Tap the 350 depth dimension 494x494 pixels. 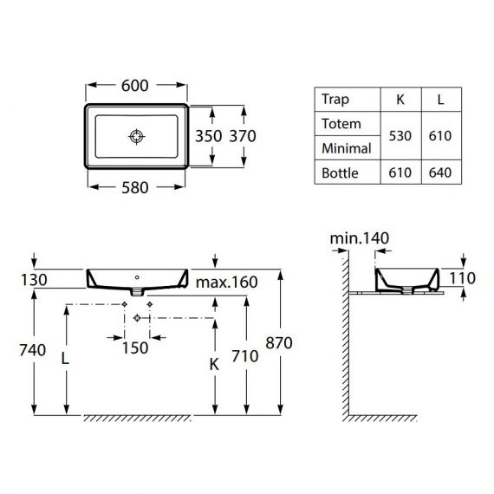pos(208,136)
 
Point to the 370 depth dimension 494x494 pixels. pos(242,136)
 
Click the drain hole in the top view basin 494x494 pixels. pos(136,136)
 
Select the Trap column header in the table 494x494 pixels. pos(335,99)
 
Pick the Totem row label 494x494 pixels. pos(341,123)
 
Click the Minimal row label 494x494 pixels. pos(346,148)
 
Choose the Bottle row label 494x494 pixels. pos(340,172)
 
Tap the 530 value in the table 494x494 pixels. pos(400,136)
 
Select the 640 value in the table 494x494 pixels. pos(440,172)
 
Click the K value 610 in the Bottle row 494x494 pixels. pos(400,172)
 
